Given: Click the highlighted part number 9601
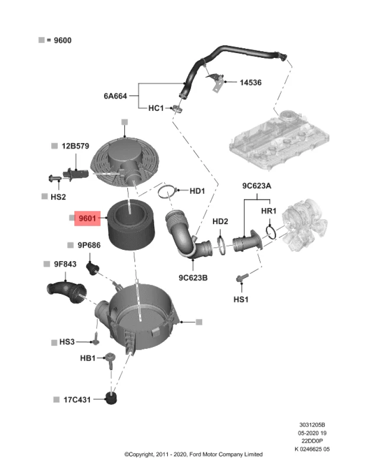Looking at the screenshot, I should [x=87, y=219].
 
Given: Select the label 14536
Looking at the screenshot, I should [x=251, y=82].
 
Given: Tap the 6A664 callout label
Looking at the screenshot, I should [x=116, y=96].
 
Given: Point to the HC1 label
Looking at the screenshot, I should [x=156, y=108].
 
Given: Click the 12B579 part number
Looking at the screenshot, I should [x=75, y=146].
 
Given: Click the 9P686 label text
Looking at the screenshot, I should [x=89, y=245].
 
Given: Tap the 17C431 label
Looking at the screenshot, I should [x=76, y=400].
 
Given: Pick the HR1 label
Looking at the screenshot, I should [x=269, y=211].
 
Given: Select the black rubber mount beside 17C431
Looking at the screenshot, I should [x=112, y=399].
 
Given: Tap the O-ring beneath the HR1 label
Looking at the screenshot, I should [x=271, y=232].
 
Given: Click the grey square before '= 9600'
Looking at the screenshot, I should [x=41, y=40].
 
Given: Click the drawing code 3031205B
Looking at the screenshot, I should [x=312, y=426].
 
